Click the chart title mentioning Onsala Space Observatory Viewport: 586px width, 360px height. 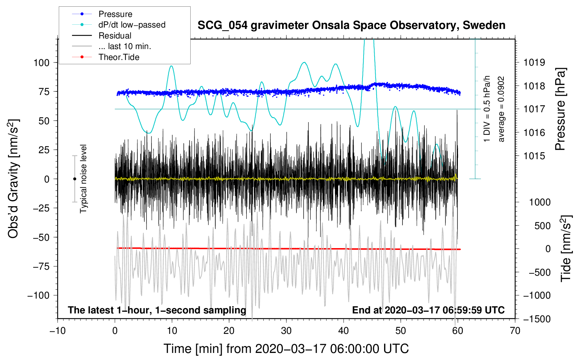click(351, 25)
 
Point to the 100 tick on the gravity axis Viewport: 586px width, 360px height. click(42, 63)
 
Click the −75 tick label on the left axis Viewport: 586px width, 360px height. click(41, 266)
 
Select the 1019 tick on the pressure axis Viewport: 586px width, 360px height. click(534, 62)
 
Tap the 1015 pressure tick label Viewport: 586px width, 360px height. click(534, 156)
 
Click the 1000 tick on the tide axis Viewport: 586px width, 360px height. click(540, 202)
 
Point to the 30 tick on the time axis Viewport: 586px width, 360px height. click(286, 331)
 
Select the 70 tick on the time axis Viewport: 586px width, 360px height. click(515, 331)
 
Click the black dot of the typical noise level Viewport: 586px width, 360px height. click(74, 179)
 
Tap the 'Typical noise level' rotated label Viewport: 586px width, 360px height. click(83, 179)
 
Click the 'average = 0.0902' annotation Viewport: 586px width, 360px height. click(501, 109)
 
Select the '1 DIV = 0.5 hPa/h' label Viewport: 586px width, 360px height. click(486, 109)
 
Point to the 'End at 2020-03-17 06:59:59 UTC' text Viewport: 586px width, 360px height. click(428, 310)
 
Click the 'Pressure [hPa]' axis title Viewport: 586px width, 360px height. click(560, 109)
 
